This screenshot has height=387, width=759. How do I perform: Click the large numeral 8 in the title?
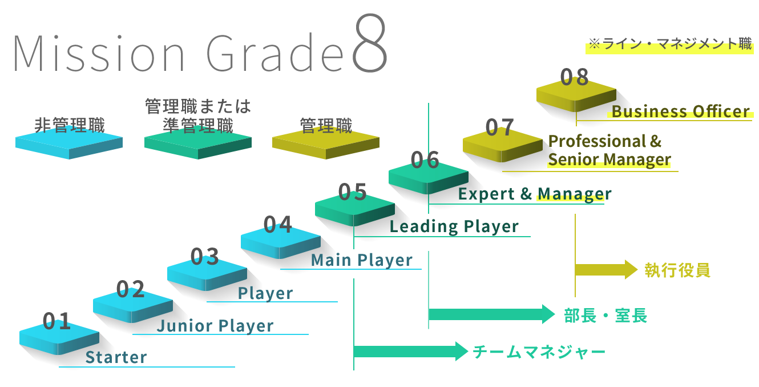[370, 43]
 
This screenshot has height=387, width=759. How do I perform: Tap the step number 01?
[56, 322]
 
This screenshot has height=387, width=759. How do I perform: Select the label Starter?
[116, 357]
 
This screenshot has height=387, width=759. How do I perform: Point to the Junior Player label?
[215, 326]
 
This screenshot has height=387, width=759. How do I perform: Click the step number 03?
[204, 257]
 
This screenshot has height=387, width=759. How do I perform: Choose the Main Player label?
[361, 260]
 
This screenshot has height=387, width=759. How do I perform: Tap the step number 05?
[352, 192]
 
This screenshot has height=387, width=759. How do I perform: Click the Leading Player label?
[454, 226]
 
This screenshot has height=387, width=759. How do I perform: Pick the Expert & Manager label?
[534, 194]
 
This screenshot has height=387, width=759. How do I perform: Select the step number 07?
[500, 127]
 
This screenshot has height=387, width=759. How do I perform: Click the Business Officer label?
[680, 111]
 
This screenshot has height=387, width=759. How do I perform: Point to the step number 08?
[574, 77]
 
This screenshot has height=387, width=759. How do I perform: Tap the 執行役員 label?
[677, 270]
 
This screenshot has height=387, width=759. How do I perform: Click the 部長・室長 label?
[605, 316]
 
